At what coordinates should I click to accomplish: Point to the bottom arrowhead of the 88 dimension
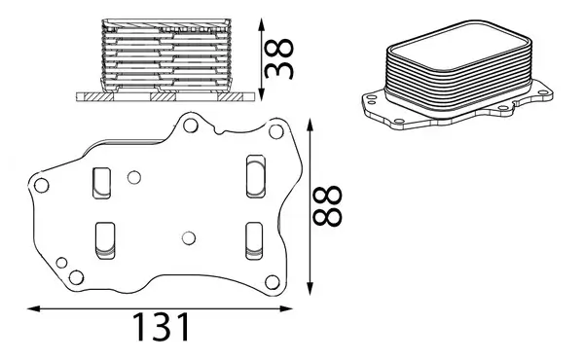click(309, 289)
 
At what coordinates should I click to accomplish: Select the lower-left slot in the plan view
click(104, 240)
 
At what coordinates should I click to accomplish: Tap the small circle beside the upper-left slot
click(134, 176)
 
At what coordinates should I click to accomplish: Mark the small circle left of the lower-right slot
click(189, 237)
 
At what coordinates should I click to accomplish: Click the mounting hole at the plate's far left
click(40, 186)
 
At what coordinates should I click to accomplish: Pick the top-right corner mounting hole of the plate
click(274, 131)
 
